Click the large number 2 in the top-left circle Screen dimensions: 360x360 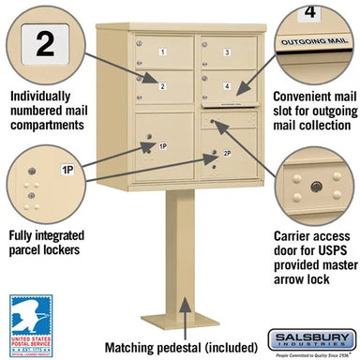click(42, 43)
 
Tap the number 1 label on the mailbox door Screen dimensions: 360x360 click(161, 51)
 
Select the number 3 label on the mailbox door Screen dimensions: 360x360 click(227, 52)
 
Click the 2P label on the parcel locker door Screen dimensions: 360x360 click(227, 152)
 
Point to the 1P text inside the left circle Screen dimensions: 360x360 click(67, 170)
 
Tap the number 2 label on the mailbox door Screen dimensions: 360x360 click(161, 86)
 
